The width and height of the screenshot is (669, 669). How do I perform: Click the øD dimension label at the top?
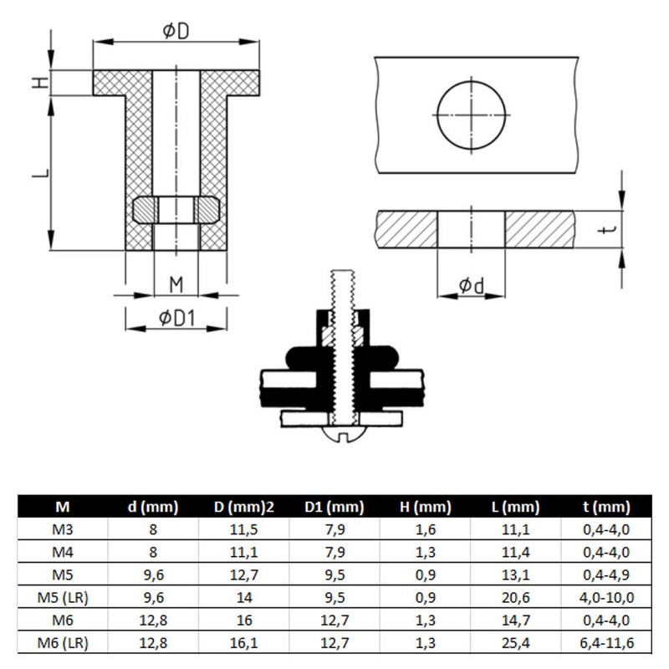(x=176, y=31)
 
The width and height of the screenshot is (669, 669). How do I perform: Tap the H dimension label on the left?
(x=41, y=82)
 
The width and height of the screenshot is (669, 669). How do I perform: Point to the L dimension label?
(x=41, y=173)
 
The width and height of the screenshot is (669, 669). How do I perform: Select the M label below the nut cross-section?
(x=176, y=284)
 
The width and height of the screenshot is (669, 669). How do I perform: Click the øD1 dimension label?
(x=176, y=318)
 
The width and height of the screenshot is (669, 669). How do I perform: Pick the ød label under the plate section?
(x=472, y=285)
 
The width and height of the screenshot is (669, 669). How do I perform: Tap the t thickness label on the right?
(x=607, y=230)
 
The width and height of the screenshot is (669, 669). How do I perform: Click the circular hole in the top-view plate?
(x=471, y=115)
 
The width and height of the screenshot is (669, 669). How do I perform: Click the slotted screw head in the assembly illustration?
(x=345, y=434)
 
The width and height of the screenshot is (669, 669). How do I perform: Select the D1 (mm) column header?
(x=334, y=507)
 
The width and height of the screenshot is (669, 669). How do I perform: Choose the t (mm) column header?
(x=606, y=507)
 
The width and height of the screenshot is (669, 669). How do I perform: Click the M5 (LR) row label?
(x=63, y=597)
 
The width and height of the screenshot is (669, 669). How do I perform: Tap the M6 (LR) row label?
(x=63, y=642)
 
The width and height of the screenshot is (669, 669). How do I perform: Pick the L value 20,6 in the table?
(x=516, y=597)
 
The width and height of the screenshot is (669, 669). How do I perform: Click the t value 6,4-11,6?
(x=606, y=642)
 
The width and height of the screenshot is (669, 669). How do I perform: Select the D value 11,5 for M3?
(x=244, y=529)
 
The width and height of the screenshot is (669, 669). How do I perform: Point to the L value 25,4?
(x=516, y=642)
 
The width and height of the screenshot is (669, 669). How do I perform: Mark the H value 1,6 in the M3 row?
(x=426, y=529)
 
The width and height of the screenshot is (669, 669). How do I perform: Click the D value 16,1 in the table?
(x=244, y=642)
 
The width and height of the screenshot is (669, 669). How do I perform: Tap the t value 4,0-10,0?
(x=606, y=597)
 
